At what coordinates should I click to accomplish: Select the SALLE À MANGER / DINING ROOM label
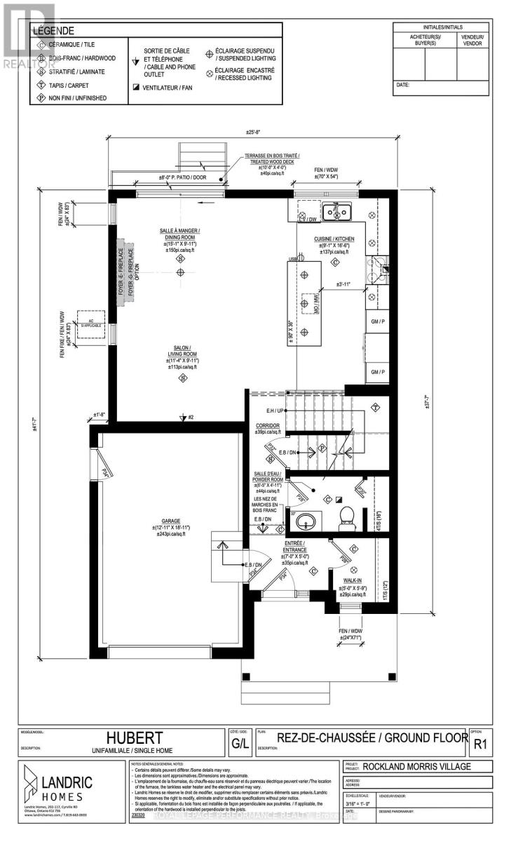(x=180, y=234)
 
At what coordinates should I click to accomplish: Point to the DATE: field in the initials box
(x=402, y=84)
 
